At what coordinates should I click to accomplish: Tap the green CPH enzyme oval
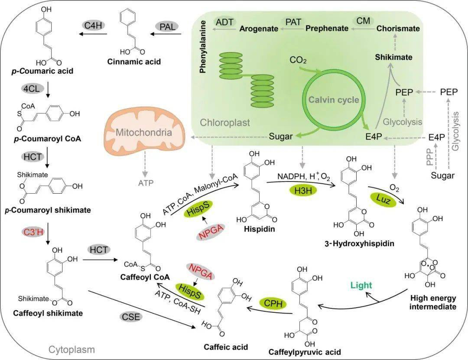tap(273, 304)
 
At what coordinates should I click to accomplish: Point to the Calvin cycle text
tap(334, 100)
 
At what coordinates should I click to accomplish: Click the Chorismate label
tap(398, 29)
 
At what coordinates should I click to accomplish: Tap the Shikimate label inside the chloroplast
tap(393, 57)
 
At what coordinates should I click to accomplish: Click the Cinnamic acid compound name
tap(134, 62)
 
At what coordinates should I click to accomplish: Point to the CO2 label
tap(298, 60)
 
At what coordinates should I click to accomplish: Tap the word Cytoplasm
tap(71, 349)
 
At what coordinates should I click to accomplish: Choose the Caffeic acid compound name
tap(226, 347)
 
